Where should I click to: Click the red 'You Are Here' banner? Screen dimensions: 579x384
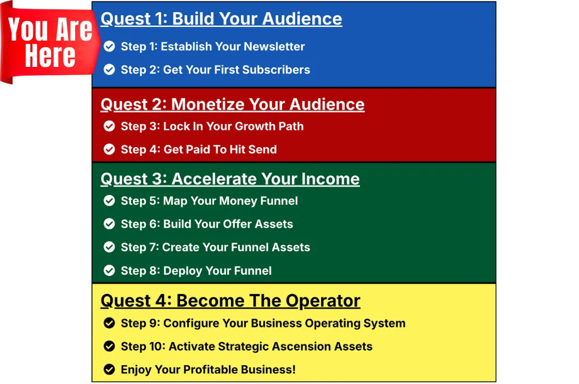[50, 43]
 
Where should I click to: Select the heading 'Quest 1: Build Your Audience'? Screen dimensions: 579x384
[221, 19]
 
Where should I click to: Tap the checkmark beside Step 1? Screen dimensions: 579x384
[109, 46]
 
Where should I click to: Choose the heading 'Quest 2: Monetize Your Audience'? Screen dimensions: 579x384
[233, 104]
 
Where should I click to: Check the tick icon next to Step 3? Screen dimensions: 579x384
[109, 126]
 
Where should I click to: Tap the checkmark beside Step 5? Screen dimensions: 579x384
[109, 200]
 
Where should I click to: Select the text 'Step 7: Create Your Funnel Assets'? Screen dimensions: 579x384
[215, 247]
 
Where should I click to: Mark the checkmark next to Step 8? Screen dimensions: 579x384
[109, 270]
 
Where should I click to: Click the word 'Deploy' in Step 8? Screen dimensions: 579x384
[183, 271]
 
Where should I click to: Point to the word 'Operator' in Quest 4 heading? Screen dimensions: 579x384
[323, 301]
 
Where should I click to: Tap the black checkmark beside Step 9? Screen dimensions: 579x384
[109, 323]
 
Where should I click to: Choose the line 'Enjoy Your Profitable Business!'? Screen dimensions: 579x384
[208, 370]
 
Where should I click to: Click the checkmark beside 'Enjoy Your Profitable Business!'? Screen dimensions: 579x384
[109, 369]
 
